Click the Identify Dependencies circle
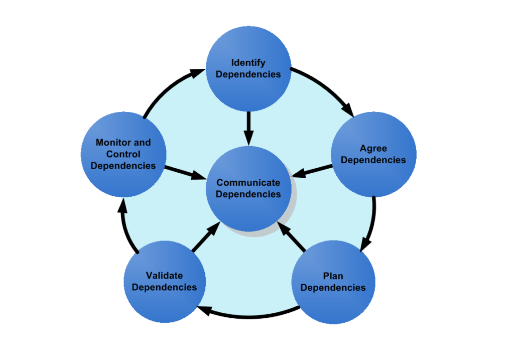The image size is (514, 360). tap(248, 68)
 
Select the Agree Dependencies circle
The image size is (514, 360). tap(373, 154)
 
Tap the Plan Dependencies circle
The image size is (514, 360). tap(333, 282)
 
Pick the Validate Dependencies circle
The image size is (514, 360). tap(165, 281)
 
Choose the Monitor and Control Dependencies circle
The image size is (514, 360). tap(123, 154)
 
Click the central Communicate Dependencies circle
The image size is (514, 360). tap(248, 188)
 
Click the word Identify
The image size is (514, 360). tap(248, 63)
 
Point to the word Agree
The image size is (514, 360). tap(373, 149)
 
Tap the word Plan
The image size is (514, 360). tap(333, 276)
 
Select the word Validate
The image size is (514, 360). tap(165, 276)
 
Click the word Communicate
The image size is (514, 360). tap(248, 183)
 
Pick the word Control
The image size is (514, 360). tap(123, 154)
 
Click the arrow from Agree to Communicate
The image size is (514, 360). tap(312, 171)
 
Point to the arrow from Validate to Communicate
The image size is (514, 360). tap(205, 237)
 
